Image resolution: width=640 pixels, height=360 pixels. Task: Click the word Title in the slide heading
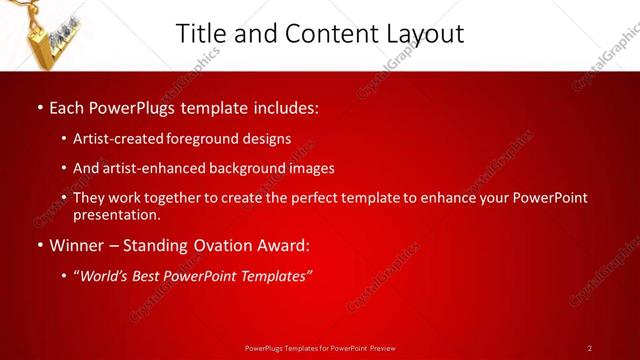200,33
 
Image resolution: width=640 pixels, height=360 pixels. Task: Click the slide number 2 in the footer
590,348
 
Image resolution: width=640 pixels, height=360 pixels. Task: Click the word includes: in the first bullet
285,106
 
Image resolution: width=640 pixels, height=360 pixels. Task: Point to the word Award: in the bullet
280,244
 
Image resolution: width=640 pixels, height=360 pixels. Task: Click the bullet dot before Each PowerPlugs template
38,107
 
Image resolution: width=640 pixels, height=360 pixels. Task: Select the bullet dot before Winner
38,245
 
